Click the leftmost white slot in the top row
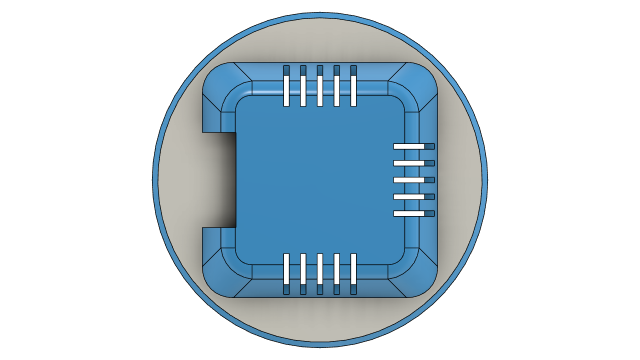point(286,90)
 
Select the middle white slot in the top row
point(320,90)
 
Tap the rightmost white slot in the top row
point(353,90)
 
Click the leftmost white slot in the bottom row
point(286,269)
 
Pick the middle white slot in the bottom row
point(320,269)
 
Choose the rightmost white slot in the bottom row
point(353,269)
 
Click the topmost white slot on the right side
point(409,146)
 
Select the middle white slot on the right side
point(409,180)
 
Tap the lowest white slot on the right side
point(409,213)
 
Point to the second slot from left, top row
point(303,90)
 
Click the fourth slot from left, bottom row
point(336,269)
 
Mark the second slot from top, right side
point(409,163)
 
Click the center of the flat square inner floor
point(320,180)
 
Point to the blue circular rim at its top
point(320,15)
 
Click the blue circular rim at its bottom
point(320,345)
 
